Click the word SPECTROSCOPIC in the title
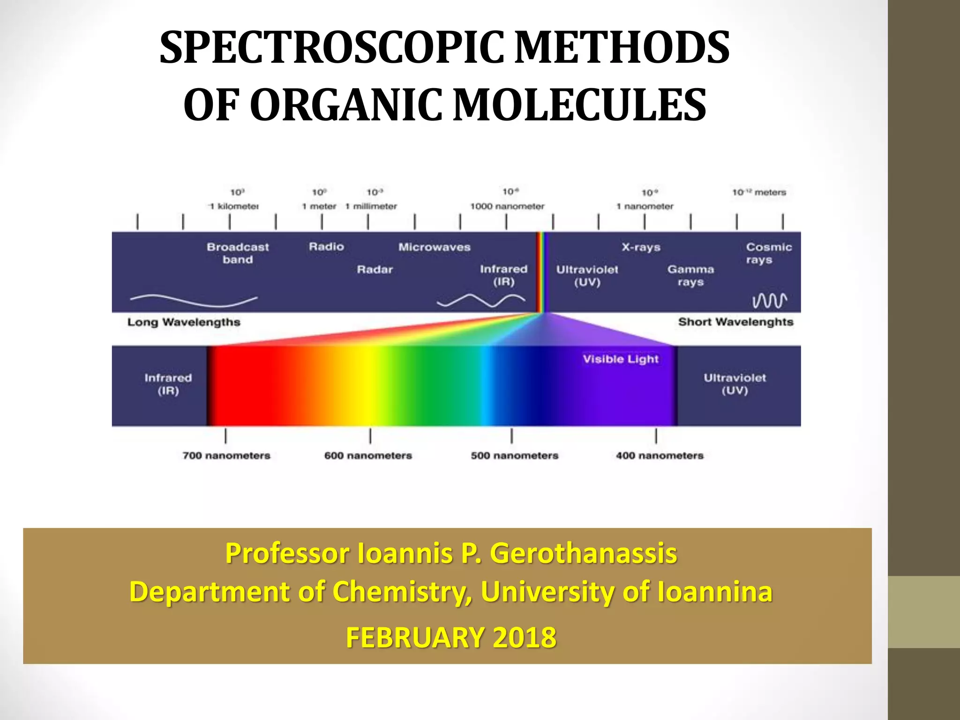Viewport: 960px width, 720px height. pos(332,48)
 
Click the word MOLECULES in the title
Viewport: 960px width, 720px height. pos(579,105)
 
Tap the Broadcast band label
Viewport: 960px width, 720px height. pos(238,253)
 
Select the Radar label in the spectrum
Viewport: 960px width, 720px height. pos(375,270)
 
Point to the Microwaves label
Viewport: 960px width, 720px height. pos(434,247)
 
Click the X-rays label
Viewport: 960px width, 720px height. pos(641,247)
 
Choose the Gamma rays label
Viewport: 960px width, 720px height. pos(690,276)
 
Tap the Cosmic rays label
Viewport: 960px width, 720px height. pos(768,253)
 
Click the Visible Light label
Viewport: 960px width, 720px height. pos(621,359)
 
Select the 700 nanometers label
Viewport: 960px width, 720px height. pos(226,456)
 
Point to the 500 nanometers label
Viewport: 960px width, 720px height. pos(514,456)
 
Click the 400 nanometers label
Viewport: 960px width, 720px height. pos(660,456)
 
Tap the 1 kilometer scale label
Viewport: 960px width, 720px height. pos(234,206)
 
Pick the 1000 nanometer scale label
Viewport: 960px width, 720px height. pos(507,206)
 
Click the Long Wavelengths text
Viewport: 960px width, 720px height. pos(184,322)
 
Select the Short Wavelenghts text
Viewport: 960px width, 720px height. pos(735,322)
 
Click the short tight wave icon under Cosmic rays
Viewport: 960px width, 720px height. pos(770,300)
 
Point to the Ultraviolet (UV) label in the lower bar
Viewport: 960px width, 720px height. pos(735,384)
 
